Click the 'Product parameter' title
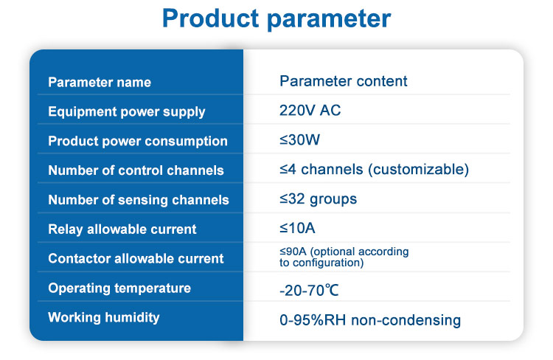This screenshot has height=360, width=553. [276, 18]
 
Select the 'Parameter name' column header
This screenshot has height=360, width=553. [100, 82]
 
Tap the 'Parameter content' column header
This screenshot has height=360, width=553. [343, 81]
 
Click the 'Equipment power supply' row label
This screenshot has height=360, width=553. [127, 112]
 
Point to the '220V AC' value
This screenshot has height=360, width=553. [310, 111]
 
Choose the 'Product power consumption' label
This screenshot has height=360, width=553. [138, 141]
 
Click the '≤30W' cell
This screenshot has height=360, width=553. [300, 140]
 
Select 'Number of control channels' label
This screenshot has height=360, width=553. [136, 170]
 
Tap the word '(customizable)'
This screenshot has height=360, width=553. [419, 170]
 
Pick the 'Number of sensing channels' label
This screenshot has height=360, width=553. [139, 200]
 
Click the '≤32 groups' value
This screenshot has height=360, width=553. [318, 199]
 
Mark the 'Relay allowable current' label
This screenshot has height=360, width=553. [122, 229]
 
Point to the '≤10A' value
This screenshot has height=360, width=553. [297, 229]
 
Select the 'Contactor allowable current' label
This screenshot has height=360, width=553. [136, 259]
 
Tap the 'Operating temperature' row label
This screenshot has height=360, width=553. [119, 288]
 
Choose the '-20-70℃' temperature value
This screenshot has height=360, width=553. [309, 291]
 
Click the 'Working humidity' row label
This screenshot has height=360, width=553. [104, 318]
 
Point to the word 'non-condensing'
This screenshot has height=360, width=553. [406, 320]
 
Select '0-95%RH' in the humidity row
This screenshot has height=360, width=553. [313, 320]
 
